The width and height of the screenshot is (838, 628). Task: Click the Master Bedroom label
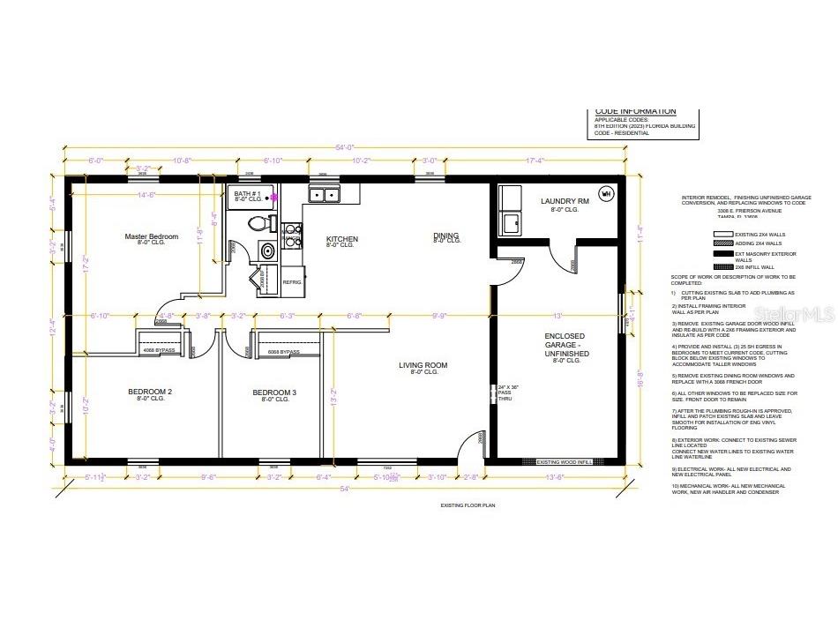(x=151, y=236)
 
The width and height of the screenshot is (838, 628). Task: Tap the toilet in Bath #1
(x=260, y=224)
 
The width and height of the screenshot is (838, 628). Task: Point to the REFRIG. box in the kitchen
(x=292, y=281)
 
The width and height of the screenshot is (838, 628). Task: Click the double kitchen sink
(x=323, y=195)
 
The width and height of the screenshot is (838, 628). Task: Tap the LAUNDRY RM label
(x=564, y=201)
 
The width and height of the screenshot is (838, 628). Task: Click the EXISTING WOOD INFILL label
(x=565, y=462)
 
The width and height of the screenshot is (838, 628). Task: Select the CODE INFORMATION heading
(x=635, y=111)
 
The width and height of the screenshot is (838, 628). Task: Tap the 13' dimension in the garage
(x=556, y=315)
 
